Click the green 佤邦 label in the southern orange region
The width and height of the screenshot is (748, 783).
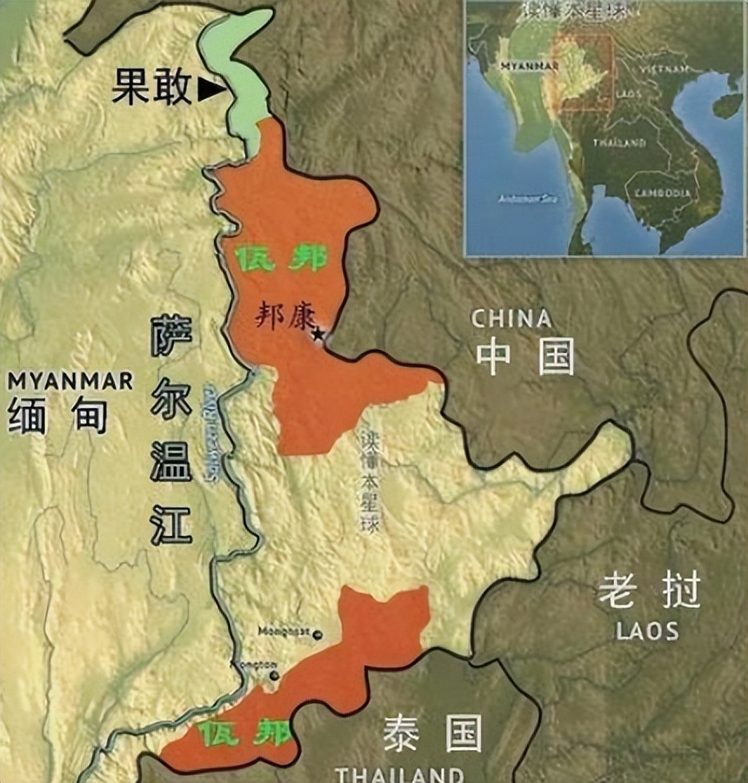(244, 733)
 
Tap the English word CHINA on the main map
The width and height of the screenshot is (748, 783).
(511, 318)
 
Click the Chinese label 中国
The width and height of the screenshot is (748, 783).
(524, 356)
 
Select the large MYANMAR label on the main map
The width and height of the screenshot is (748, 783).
(71, 380)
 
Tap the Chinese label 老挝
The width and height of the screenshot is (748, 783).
(648, 593)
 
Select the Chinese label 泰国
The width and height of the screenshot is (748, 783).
(432, 735)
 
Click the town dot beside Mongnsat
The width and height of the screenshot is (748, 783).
(317, 634)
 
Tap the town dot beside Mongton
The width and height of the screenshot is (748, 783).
(274, 675)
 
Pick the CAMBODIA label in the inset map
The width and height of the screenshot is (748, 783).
(664, 192)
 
